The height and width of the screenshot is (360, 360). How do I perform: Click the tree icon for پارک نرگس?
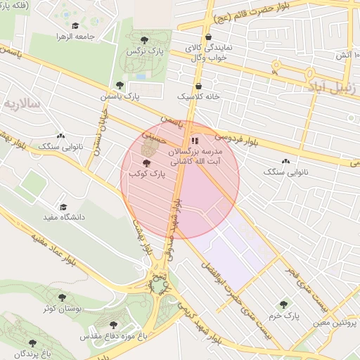click(x=145, y=39)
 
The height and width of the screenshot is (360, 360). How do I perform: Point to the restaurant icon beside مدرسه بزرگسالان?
click(x=194, y=141)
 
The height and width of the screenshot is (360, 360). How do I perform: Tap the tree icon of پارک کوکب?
click(x=146, y=162)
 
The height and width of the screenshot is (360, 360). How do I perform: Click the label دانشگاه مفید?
click(x=63, y=217)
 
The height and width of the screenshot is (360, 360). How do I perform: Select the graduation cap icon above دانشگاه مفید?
click(x=63, y=207)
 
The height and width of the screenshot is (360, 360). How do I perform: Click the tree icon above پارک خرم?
click(x=283, y=304)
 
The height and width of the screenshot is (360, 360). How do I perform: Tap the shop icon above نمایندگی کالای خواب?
click(x=207, y=38)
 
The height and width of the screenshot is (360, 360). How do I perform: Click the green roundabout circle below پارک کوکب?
click(x=160, y=285)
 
